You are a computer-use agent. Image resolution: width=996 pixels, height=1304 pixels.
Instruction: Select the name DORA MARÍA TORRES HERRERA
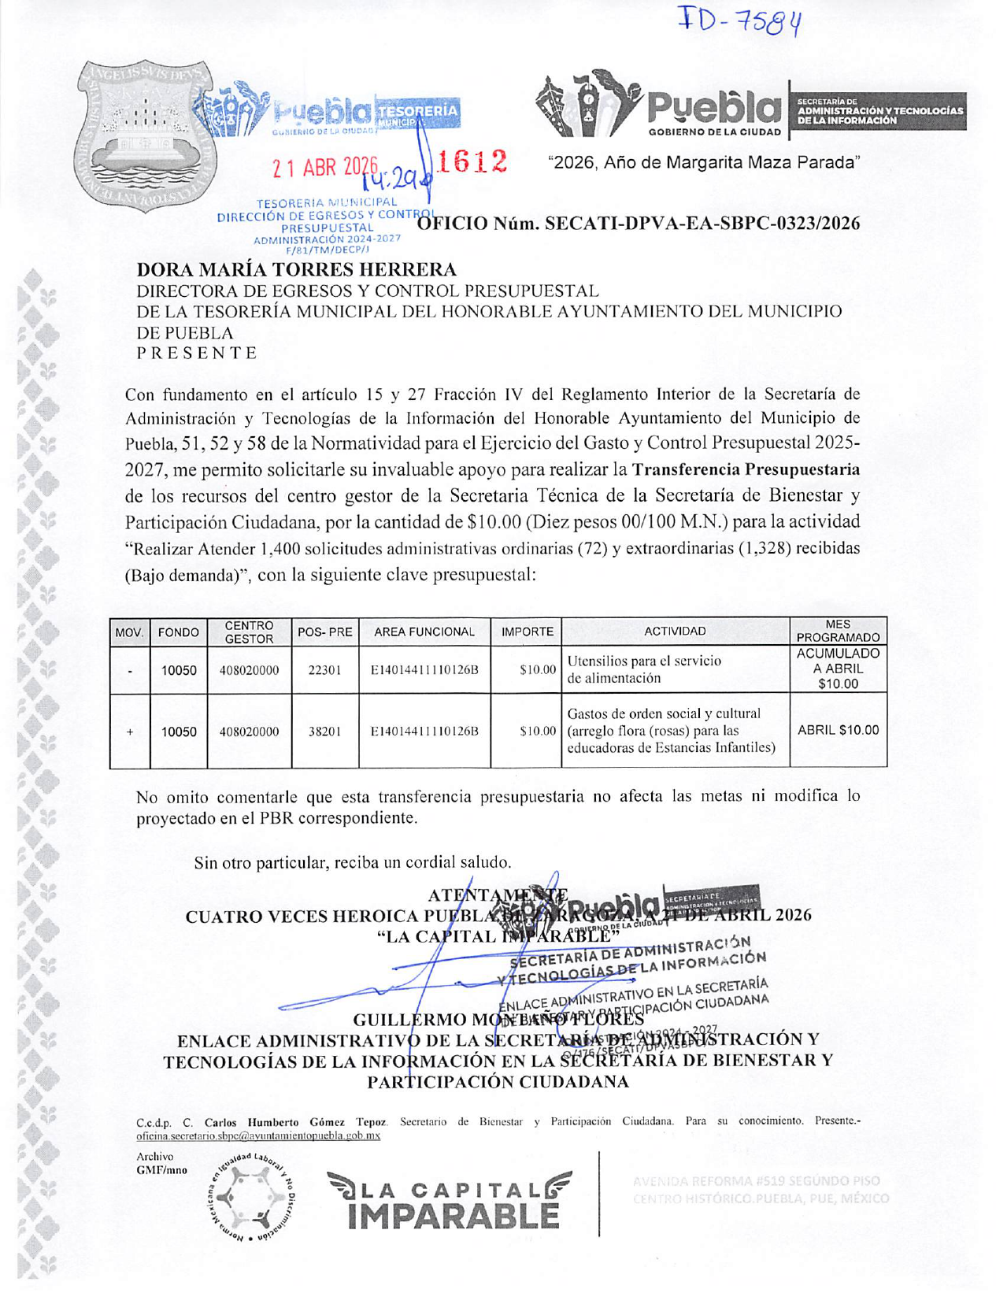297,270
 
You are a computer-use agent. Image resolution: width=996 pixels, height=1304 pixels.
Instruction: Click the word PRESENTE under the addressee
197,353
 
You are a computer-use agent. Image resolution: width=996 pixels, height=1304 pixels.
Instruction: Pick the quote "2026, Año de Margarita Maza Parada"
703,163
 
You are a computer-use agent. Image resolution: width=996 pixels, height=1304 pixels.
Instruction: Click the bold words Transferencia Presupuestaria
745,470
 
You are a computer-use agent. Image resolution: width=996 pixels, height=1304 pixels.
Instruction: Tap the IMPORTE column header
527,632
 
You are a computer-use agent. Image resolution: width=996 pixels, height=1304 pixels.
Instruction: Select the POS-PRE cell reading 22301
324,670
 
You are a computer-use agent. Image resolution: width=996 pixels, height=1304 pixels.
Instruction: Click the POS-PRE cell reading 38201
324,731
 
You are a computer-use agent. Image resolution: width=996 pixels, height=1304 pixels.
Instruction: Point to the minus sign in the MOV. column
130,670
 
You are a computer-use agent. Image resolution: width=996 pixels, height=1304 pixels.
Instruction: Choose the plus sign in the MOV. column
130,731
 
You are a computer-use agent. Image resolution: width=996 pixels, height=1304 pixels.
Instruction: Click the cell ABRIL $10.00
838,730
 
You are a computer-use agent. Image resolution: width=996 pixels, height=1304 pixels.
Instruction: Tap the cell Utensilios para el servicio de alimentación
643,669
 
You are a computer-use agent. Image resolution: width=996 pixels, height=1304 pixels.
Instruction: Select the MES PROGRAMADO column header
838,631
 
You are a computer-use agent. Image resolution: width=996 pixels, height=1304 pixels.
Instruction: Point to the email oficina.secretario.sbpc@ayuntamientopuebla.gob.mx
258,1135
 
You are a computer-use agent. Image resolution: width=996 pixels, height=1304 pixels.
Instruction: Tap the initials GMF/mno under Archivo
161,1170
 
